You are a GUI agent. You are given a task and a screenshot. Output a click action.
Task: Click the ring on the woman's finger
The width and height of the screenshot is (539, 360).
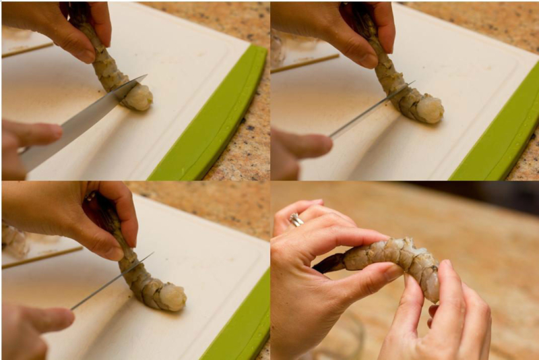(x=296, y=219)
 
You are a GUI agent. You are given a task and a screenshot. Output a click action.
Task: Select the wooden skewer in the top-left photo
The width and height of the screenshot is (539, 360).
(x=27, y=50)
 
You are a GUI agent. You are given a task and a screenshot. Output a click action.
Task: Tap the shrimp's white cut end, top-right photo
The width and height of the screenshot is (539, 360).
(x=430, y=109)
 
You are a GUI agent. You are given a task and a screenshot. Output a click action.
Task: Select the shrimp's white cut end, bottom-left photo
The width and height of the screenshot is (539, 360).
(x=172, y=297)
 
